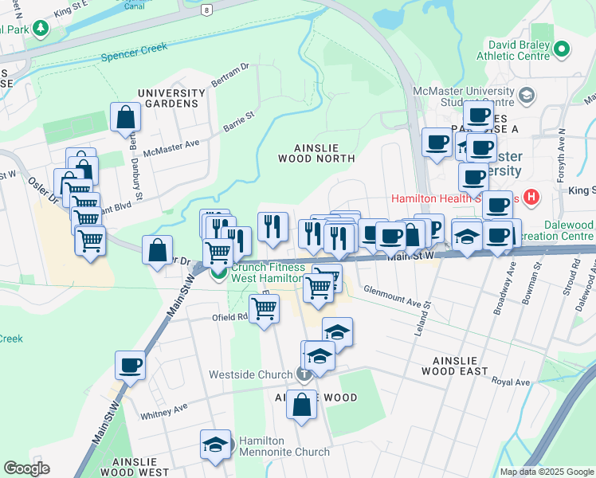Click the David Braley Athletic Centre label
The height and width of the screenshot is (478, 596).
(x=514, y=49)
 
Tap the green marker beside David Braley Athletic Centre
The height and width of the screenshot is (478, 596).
(x=563, y=49)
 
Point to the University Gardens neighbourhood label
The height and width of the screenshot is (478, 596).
(x=167, y=99)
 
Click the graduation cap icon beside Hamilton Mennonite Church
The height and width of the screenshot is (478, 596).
(x=215, y=445)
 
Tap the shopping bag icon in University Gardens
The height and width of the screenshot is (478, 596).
(x=126, y=118)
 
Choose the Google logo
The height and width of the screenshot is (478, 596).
(x=26, y=468)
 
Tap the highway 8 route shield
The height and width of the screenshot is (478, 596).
(x=206, y=10)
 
